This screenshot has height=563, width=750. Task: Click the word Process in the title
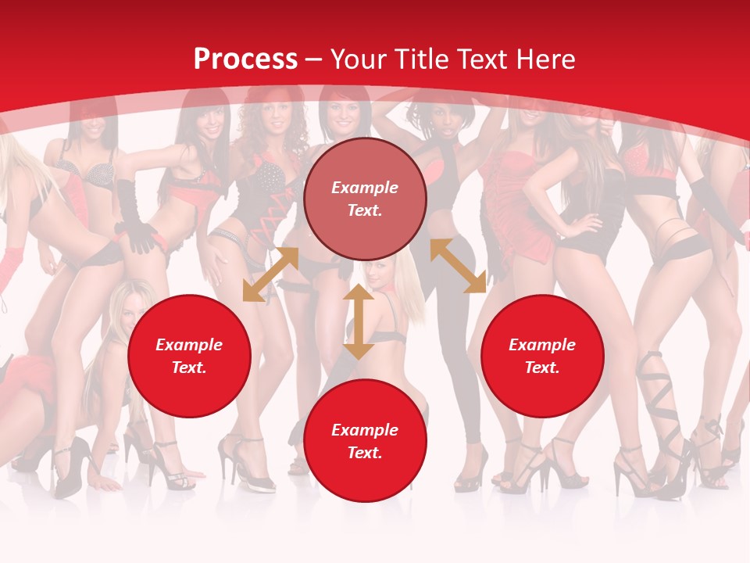tap(245, 59)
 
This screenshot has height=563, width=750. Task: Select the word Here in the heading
tap(544, 59)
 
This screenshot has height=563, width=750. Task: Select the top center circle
tap(365, 199)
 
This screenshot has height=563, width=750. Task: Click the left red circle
tap(189, 356)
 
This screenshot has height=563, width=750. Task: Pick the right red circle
tap(542, 356)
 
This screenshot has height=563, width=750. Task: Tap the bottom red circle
tap(365, 441)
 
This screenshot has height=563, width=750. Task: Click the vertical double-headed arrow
tap(359, 321)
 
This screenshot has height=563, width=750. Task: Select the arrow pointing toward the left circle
tap(270, 274)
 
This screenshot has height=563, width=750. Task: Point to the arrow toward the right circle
tap(458, 266)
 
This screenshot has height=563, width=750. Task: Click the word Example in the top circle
tap(365, 188)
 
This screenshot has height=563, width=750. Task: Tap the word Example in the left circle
tap(189, 345)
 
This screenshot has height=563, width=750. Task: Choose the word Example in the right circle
tap(542, 345)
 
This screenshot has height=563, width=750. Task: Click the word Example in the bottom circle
tap(365, 430)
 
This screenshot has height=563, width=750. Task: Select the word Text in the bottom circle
tap(365, 453)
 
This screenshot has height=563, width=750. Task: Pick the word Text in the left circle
tap(189, 368)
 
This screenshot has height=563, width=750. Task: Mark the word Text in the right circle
tap(542, 368)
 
